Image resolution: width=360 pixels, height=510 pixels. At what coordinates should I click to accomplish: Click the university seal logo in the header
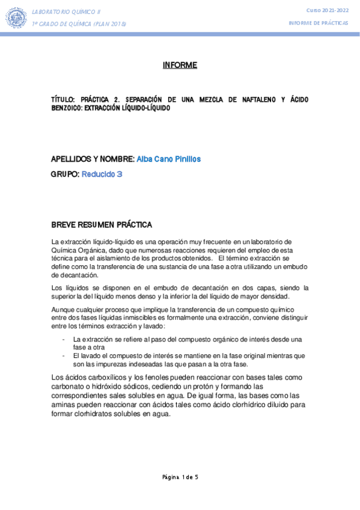tap(16, 17)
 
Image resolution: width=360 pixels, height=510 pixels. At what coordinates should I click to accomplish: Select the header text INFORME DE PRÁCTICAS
tap(319, 22)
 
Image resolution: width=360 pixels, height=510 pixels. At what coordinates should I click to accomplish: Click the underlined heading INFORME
tap(180, 65)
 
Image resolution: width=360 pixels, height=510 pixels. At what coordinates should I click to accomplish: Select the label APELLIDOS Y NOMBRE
tap(93, 159)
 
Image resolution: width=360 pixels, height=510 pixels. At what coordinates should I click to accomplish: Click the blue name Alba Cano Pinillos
tap(169, 159)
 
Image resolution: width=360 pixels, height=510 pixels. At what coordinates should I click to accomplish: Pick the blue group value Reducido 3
tap(102, 174)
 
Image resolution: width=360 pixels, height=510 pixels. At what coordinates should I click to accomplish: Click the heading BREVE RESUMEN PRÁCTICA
tap(102, 225)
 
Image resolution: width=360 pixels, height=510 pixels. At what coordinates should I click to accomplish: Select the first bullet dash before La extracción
tap(64, 339)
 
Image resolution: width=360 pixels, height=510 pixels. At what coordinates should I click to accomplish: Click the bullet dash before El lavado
tap(64, 355)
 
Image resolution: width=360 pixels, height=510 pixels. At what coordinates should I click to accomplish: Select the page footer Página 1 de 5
tap(180, 477)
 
